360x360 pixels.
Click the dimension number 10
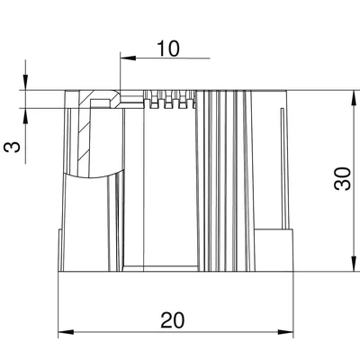point(168,49)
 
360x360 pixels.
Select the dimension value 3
point(12,147)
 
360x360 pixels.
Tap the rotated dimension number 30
point(342,178)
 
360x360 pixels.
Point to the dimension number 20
point(172,319)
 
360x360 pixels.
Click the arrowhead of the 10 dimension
point(128,58)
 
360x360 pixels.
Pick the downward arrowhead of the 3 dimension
point(25,82)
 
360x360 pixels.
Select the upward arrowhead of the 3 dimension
point(25,116)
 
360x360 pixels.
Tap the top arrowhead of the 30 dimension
point(355,98)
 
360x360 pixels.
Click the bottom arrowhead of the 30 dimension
point(355,264)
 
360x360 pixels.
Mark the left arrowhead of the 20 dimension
point(66,332)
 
